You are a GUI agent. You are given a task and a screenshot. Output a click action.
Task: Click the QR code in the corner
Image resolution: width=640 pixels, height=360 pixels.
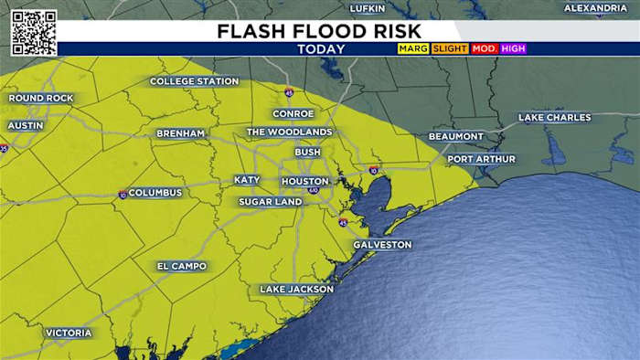coord(34,33)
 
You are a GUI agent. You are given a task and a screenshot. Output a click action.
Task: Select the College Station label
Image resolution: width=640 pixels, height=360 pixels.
coord(194,81)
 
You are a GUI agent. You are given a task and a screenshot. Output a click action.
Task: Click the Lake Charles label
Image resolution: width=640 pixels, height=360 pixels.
coord(554,118)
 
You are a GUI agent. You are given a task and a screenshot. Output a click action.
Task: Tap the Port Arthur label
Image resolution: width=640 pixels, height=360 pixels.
coord(481,159)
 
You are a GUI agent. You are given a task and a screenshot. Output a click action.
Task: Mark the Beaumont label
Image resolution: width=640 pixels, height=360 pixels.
coord(456,136)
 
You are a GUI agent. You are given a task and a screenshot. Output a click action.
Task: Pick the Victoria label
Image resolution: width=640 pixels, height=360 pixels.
coord(69,333)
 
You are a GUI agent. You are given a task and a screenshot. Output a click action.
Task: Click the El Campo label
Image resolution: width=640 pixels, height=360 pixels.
coord(182,266)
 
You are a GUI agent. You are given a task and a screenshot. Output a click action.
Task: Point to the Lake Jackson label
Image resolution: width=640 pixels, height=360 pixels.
coord(296,290)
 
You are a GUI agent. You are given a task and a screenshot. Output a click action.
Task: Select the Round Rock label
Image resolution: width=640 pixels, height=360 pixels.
coord(39,98)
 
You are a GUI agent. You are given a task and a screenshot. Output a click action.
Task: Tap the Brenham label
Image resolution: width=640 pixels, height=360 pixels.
coord(180,133)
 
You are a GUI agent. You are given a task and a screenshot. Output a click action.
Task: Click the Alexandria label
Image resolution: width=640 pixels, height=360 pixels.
coord(595,8)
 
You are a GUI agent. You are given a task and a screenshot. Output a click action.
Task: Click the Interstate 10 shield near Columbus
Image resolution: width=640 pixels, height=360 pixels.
coord(122,194)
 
